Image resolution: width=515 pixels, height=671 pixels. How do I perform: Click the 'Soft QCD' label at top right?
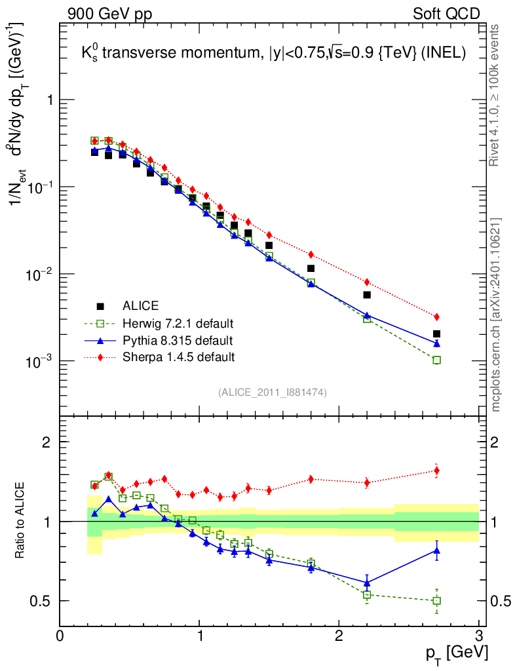point(446,13)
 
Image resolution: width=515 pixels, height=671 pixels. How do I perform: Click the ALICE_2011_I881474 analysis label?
point(273,392)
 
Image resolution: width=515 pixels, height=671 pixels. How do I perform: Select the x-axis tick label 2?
point(339,636)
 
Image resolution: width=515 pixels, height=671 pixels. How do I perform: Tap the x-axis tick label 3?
point(478,636)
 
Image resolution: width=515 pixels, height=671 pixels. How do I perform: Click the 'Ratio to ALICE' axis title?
point(20,522)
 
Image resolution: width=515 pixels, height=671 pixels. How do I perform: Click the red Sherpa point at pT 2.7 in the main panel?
point(437,316)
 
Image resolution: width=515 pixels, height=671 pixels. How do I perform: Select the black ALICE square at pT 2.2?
point(367,295)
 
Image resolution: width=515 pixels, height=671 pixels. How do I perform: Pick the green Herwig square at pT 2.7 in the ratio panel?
point(437,600)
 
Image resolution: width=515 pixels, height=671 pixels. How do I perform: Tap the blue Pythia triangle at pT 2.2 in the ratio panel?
point(367,583)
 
